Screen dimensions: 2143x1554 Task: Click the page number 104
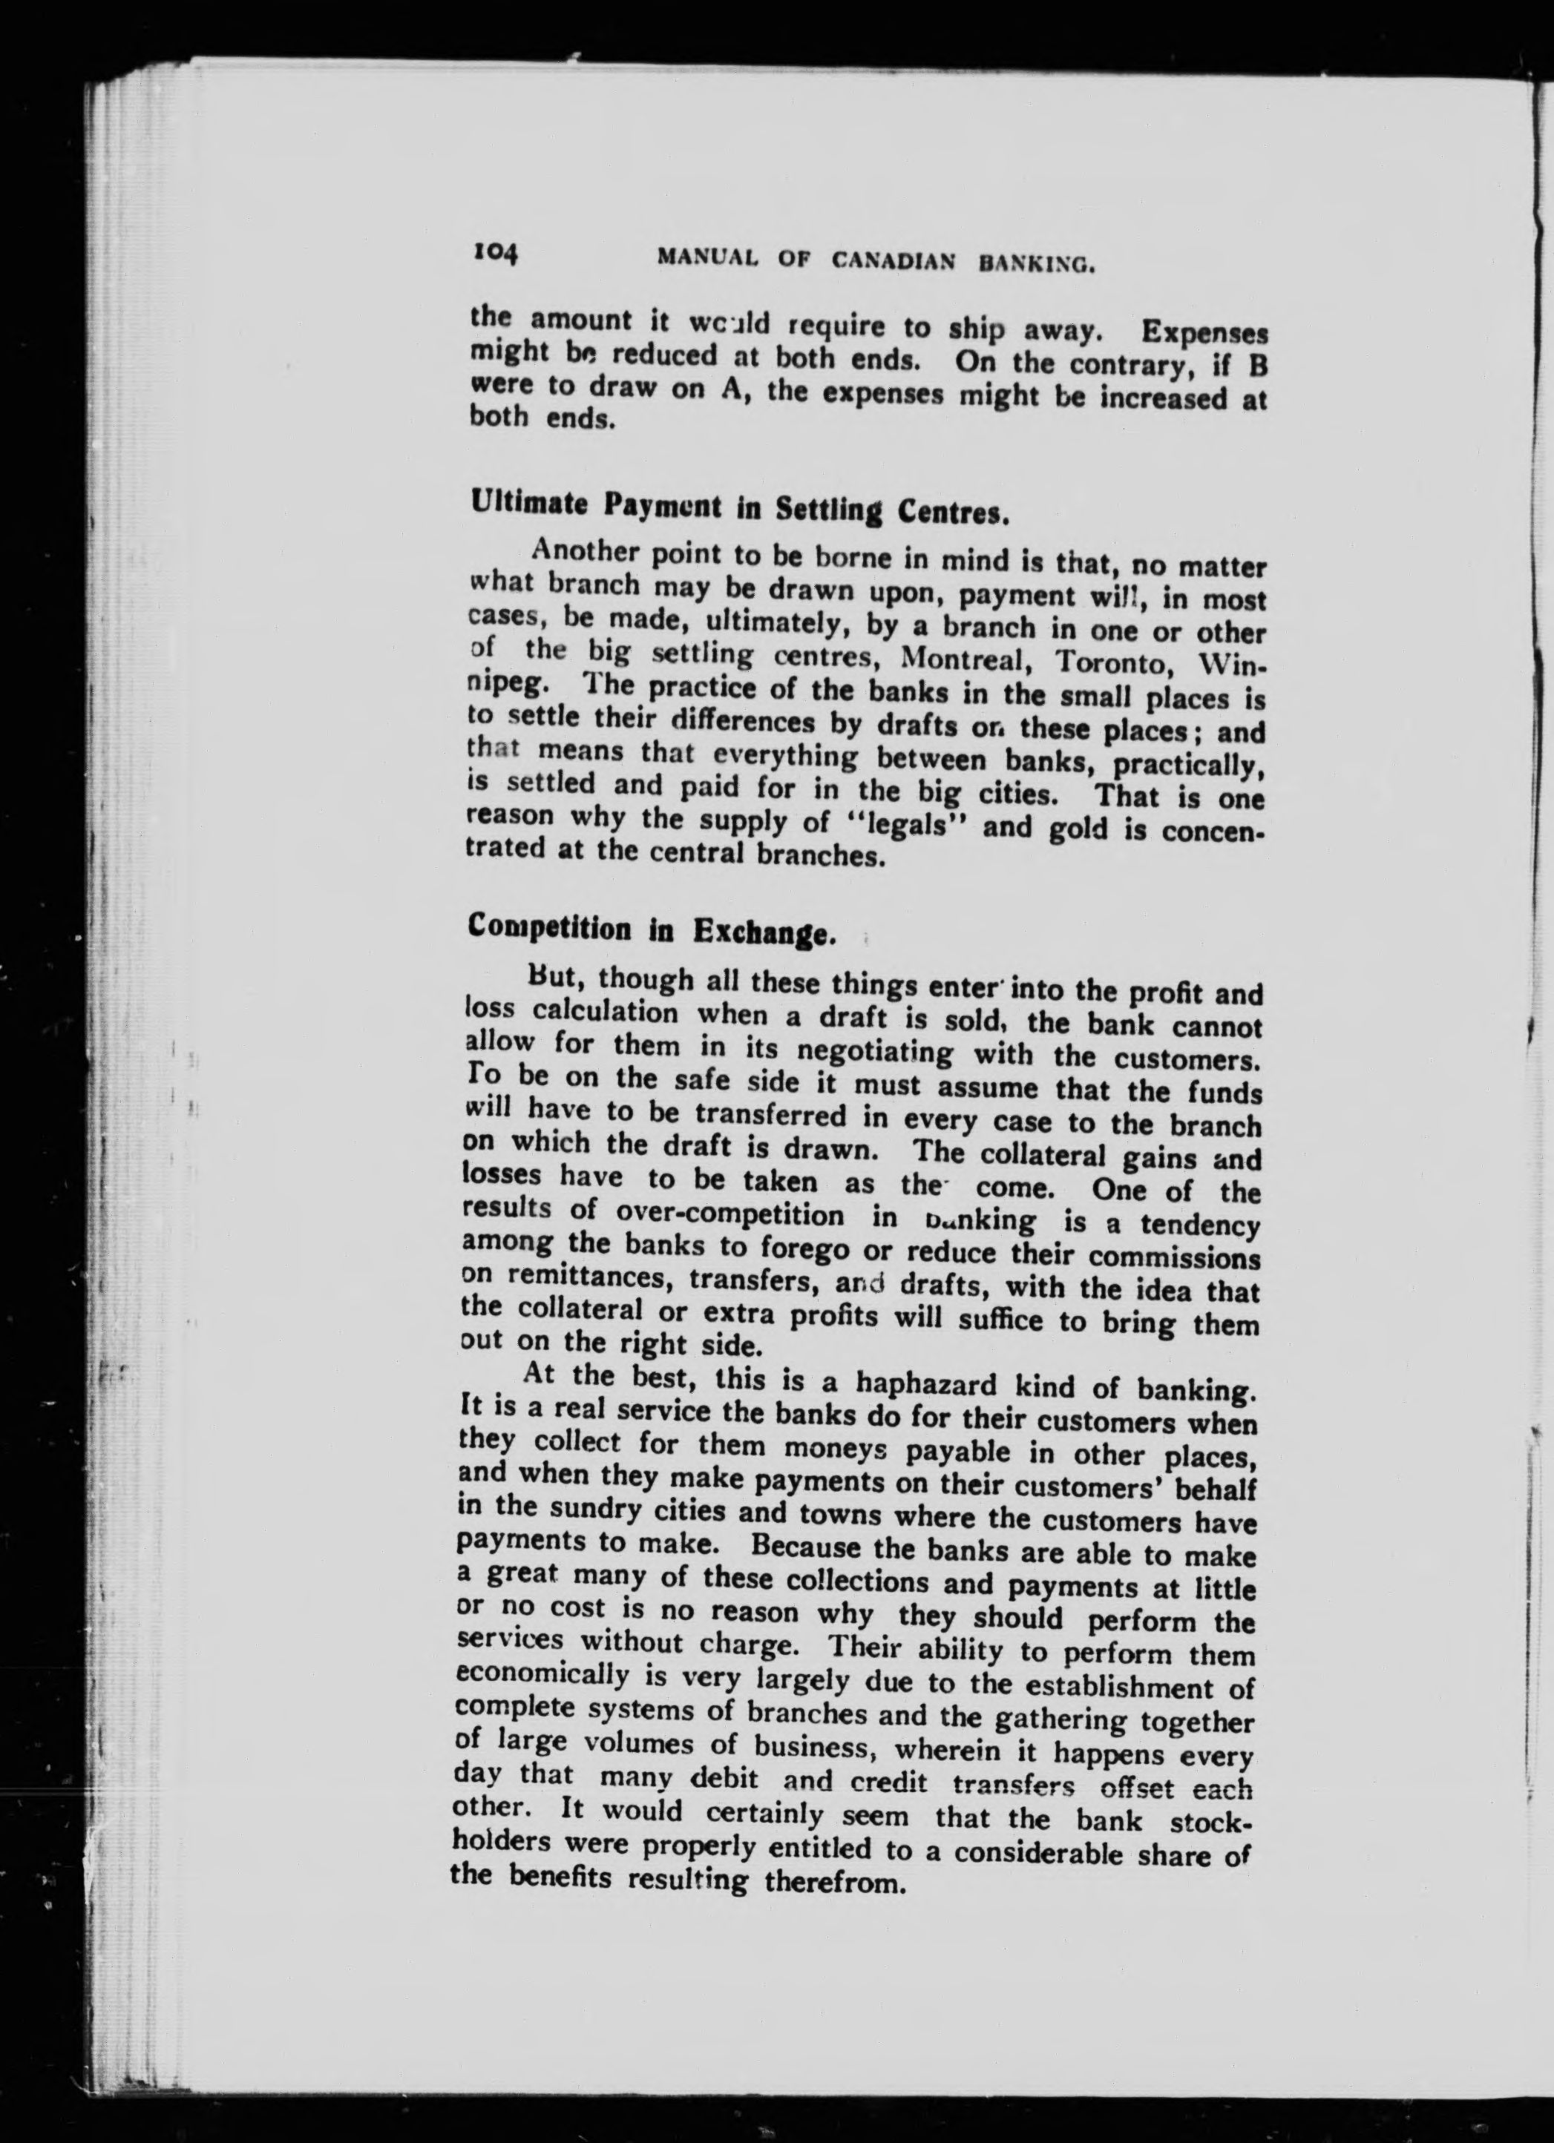(x=494, y=253)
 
